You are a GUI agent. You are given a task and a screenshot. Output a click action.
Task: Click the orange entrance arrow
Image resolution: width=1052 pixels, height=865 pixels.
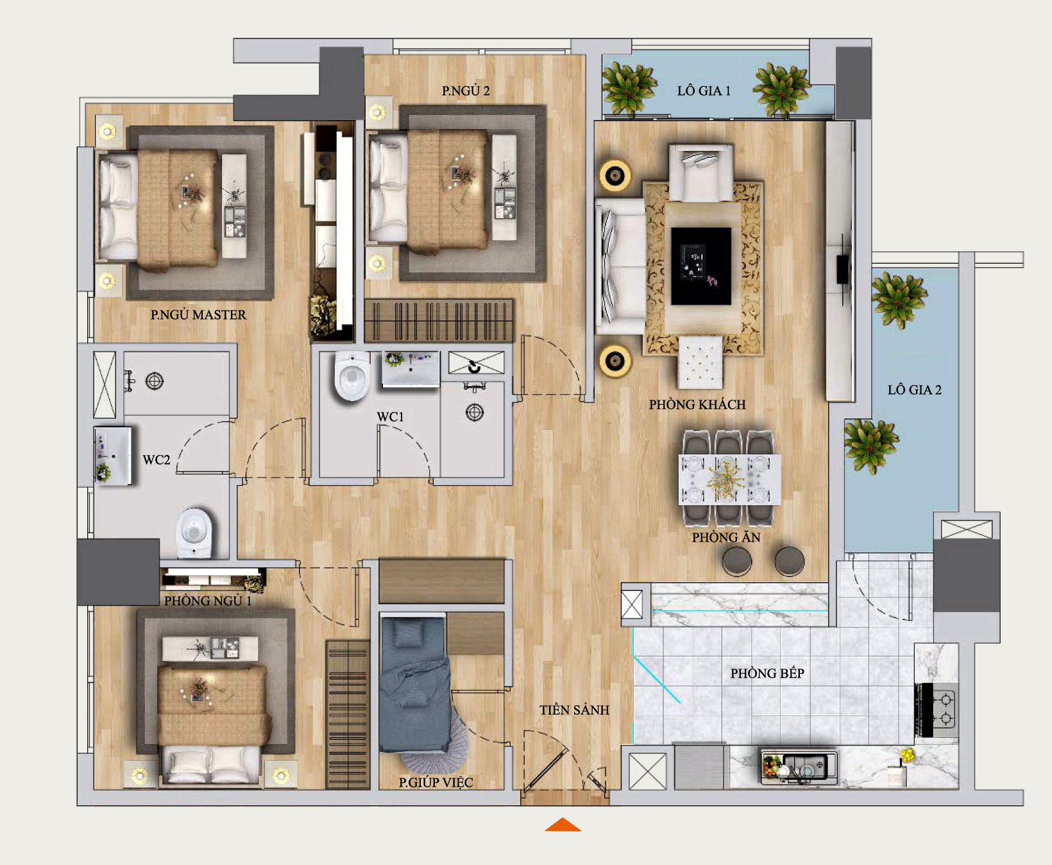tap(563, 825)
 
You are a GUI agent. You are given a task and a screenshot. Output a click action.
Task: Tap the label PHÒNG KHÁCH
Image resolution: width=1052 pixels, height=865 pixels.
tap(697, 405)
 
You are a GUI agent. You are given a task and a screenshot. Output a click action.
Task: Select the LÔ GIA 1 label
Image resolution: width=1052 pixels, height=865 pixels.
tap(704, 90)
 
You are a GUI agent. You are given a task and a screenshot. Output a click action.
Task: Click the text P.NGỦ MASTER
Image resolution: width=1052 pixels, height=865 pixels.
tap(198, 314)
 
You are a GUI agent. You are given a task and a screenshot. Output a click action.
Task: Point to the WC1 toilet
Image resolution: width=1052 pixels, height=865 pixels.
tap(352, 376)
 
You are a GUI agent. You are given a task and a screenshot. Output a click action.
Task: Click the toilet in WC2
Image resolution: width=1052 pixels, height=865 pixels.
tap(194, 533)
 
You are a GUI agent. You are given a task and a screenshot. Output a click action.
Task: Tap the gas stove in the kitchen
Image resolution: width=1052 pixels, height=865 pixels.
tap(937, 709)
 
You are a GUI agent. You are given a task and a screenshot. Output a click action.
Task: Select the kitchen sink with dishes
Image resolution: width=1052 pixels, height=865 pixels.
tap(799, 766)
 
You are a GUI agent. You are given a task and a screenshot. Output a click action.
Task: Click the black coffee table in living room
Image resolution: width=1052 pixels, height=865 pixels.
tap(701, 266)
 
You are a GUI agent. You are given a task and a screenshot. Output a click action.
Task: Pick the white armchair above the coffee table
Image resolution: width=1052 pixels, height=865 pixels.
tap(700, 172)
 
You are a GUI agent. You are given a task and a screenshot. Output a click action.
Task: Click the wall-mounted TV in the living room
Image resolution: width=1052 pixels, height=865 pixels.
tap(843, 268)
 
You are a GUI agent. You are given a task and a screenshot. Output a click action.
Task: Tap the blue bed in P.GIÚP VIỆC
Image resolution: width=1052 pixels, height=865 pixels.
tap(414, 683)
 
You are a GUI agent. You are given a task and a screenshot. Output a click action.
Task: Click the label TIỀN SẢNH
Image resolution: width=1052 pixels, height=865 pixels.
tap(574, 710)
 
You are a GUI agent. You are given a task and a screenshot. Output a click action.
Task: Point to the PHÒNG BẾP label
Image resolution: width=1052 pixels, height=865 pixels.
tap(767, 673)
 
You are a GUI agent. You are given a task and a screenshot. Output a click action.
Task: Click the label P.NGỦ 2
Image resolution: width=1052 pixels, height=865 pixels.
tap(466, 91)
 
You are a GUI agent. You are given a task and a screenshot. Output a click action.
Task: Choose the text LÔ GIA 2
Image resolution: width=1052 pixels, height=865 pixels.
tap(915, 390)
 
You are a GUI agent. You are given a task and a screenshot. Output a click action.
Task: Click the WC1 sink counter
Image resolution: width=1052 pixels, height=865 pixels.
tap(411, 369)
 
